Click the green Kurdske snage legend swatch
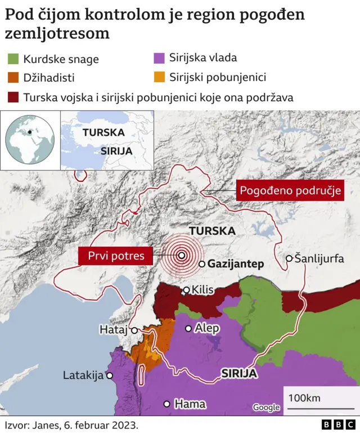pyautogui.click(x=12, y=59)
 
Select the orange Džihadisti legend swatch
pyautogui.click(x=12, y=78)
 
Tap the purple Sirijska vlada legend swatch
pyautogui.click(x=159, y=57)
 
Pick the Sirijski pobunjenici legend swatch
pyautogui.click(x=159, y=77)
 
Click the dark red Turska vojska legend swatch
pyautogui.click(x=12, y=97)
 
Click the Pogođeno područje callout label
pyautogui.click(x=291, y=190)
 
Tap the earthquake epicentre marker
pyautogui.click(x=182, y=255)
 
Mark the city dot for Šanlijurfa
pyautogui.click(x=289, y=258)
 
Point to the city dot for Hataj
pyautogui.click(x=134, y=331)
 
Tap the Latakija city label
pyautogui.click(x=83, y=375)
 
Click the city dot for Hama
pyautogui.click(x=166, y=404)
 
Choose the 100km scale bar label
pyautogui.click(x=304, y=398)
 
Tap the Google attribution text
pyautogui.click(x=265, y=407)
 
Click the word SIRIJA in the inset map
pyautogui.click(x=116, y=151)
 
